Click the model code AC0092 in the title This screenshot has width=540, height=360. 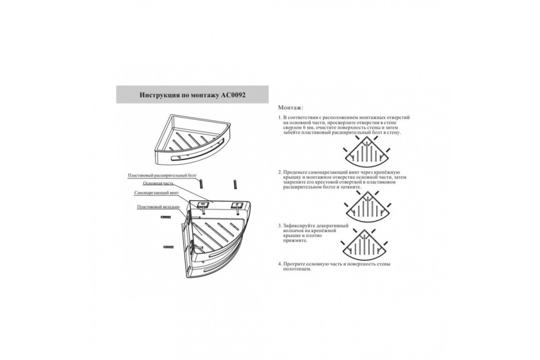[233, 95]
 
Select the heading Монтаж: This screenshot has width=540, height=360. [291, 108]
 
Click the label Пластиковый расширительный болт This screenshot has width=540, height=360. [162, 175]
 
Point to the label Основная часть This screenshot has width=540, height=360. [158, 183]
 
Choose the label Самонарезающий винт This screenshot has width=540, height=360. [157, 193]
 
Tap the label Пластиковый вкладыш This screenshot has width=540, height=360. [158, 207]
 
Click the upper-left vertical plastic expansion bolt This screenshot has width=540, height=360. [201, 184]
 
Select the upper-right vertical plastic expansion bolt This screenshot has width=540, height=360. [235, 184]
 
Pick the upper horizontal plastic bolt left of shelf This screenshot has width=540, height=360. [166, 217]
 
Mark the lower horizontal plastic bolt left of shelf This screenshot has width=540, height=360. [168, 247]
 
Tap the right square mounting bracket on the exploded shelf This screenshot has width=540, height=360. [236, 206]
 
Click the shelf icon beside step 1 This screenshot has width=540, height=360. [367, 152]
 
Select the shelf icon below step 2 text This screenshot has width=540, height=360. [367, 207]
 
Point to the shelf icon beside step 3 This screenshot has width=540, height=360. [364, 245]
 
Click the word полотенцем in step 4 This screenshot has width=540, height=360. [297, 269]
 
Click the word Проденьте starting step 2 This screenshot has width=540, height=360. [295, 172]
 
